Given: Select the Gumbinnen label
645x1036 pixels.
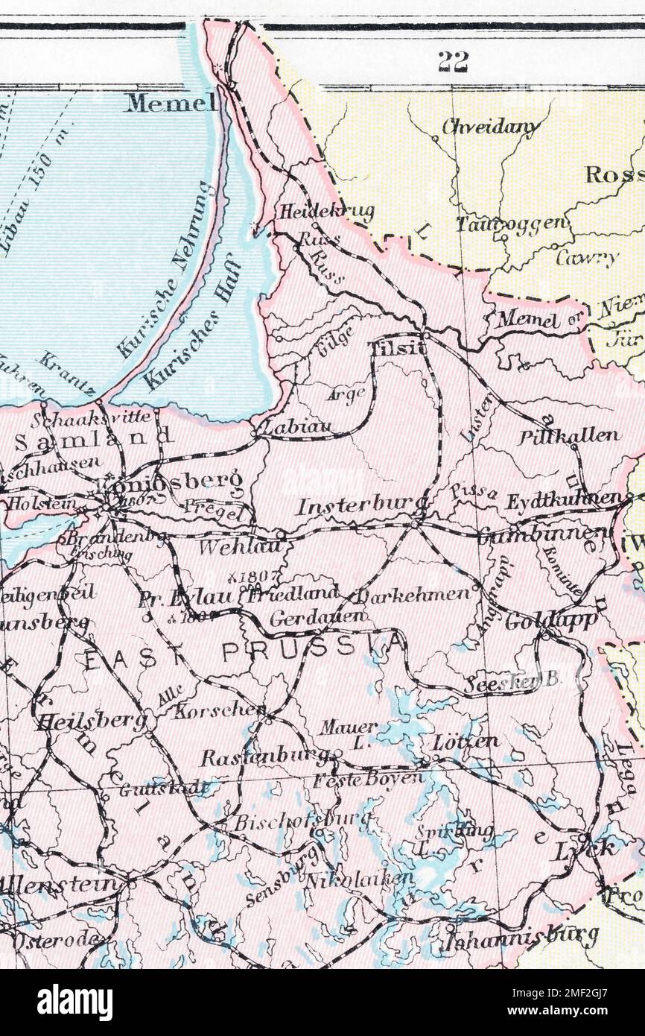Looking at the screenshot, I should (x=541, y=534).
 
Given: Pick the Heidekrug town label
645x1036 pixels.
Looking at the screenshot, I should (x=326, y=212).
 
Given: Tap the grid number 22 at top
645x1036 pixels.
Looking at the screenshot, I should (x=453, y=63).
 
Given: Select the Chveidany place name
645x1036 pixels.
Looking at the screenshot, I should (x=490, y=127).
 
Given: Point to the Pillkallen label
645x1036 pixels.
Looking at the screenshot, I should (x=569, y=435).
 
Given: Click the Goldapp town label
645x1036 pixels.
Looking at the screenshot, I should (x=550, y=621).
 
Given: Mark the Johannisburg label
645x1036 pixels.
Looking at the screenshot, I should (x=521, y=935).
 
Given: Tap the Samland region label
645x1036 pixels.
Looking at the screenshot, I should (x=94, y=438).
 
